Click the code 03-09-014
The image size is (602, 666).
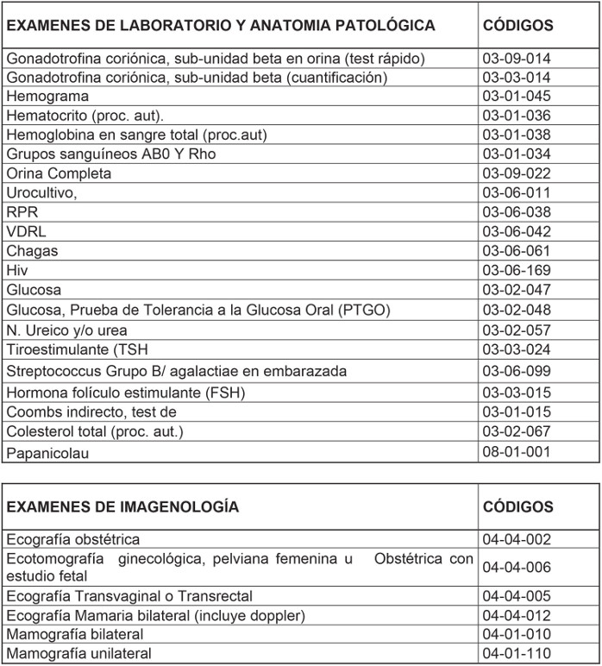click(x=517, y=59)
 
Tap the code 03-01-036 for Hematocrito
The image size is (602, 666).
click(x=517, y=116)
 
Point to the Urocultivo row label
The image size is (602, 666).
click(x=41, y=192)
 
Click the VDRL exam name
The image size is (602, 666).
click(x=26, y=231)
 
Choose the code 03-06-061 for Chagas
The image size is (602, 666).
click(x=517, y=251)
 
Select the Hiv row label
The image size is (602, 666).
click(x=17, y=270)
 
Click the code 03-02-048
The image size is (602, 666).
click(x=517, y=309)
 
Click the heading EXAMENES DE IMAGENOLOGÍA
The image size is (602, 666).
click(x=122, y=507)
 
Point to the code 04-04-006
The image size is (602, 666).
click(x=517, y=567)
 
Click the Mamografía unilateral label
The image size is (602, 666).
click(x=78, y=654)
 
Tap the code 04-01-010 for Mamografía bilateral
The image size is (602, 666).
click(x=517, y=635)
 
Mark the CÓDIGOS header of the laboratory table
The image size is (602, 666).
click(x=518, y=26)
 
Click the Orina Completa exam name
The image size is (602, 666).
click(x=59, y=173)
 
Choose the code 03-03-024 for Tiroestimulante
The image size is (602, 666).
click(x=517, y=349)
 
